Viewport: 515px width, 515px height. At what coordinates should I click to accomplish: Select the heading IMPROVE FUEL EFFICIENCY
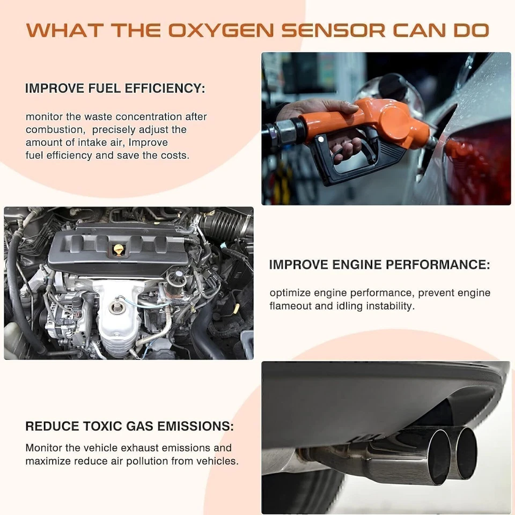pos(115,89)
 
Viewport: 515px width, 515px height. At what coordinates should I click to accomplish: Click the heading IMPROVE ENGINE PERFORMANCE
pos(379,264)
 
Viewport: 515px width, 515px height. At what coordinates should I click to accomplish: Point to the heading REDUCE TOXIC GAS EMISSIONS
pos(129,426)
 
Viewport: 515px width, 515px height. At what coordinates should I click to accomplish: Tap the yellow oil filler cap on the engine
pos(119,249)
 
